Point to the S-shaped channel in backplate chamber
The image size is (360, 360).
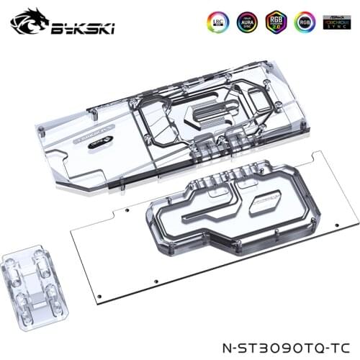[198, 223]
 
